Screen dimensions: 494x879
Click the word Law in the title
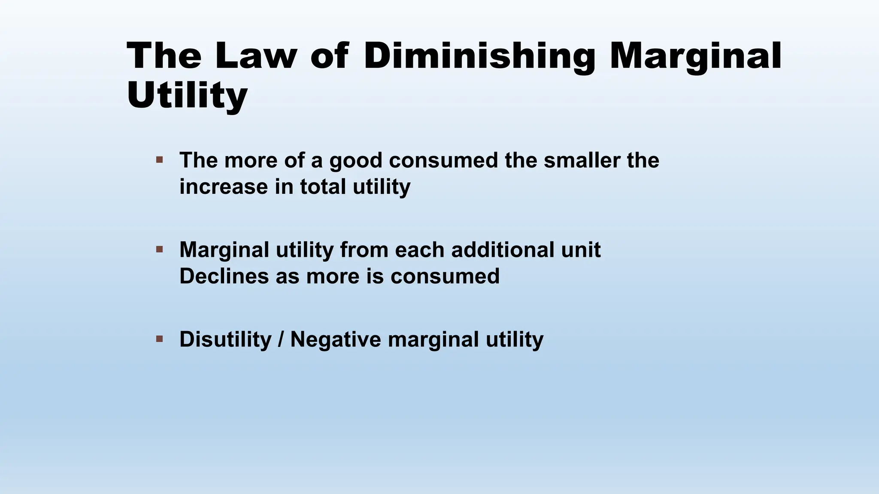[x=256, y=56]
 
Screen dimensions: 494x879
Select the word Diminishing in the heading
[x=479, y=56]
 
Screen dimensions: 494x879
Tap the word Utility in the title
[x=187, y=95]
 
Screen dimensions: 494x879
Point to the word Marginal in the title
[x=695, y=56]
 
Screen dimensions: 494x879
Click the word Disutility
[x=225, y=339]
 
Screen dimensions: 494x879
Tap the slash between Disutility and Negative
[x=281, y=339]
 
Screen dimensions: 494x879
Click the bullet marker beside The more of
[x=160, y=160]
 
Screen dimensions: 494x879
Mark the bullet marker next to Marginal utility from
[x=160, y=249]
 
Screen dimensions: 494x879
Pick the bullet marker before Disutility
[x=160, y=339]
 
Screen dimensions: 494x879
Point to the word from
[x=364, y=250]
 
